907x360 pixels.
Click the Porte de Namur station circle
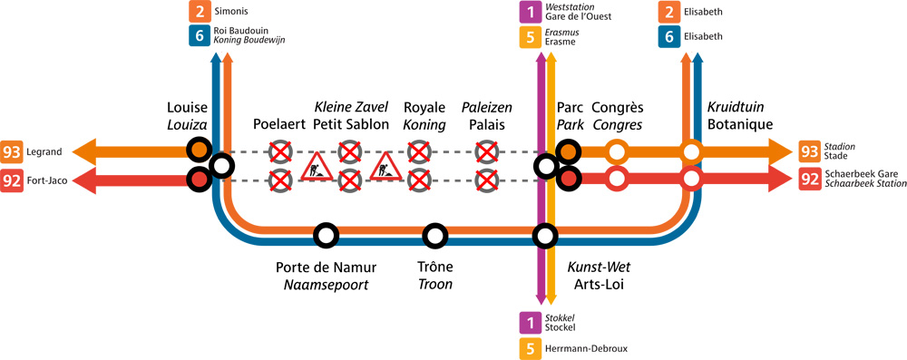point(326,236)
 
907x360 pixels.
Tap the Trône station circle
point(435,236)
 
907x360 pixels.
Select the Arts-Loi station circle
point(545,236)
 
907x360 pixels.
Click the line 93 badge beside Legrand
point(13,151)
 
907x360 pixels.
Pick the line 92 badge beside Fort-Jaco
point(13,180)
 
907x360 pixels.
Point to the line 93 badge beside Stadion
point(810,151)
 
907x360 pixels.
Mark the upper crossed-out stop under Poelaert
point(280,151)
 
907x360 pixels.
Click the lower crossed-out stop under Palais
point(488,180)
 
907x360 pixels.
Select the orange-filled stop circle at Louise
point(198,151)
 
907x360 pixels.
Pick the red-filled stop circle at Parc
point(569,180)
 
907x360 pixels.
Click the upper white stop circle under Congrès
point(617,151)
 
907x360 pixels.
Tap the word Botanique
point(739,124)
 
